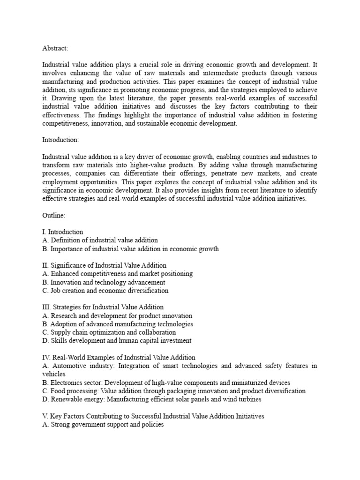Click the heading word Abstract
coord(55,47)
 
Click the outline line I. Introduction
coord(62,232)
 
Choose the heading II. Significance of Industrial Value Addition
coord(104,265)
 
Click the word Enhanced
coord(65,274)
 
